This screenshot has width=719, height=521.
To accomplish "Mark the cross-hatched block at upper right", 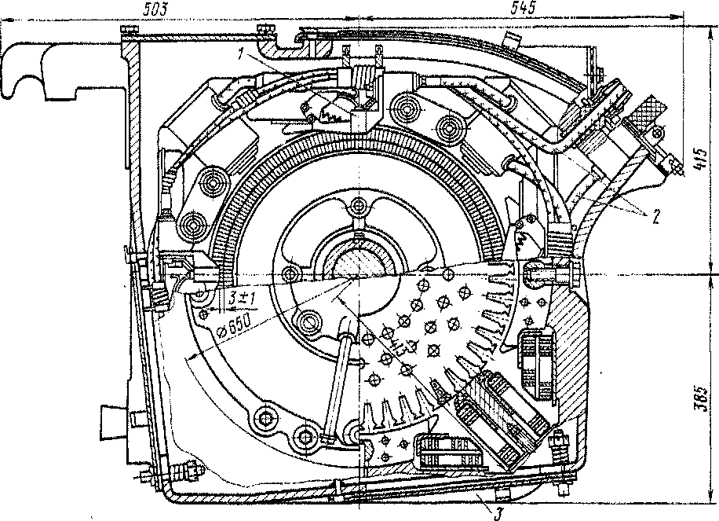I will [x=648, y=117].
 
